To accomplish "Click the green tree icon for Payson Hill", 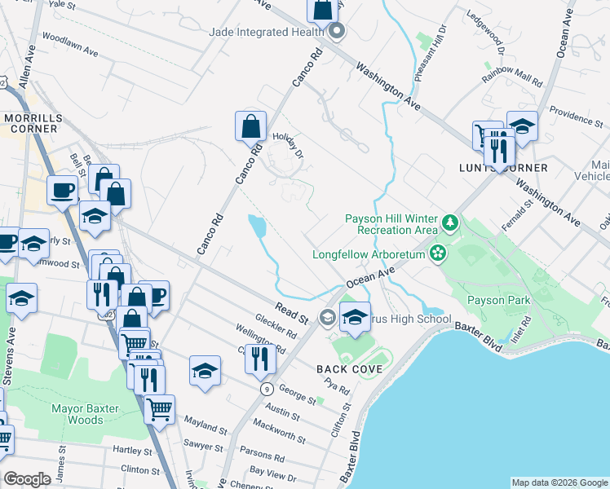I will (449, 222).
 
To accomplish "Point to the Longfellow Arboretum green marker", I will (439, 253).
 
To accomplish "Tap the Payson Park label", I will (498, 300).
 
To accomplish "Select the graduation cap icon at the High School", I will (355, 318).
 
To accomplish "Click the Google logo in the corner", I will (27, 479).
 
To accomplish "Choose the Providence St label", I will (576, 115).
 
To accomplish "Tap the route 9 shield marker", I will (267, 390).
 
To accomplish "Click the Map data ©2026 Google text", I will (559, 482).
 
